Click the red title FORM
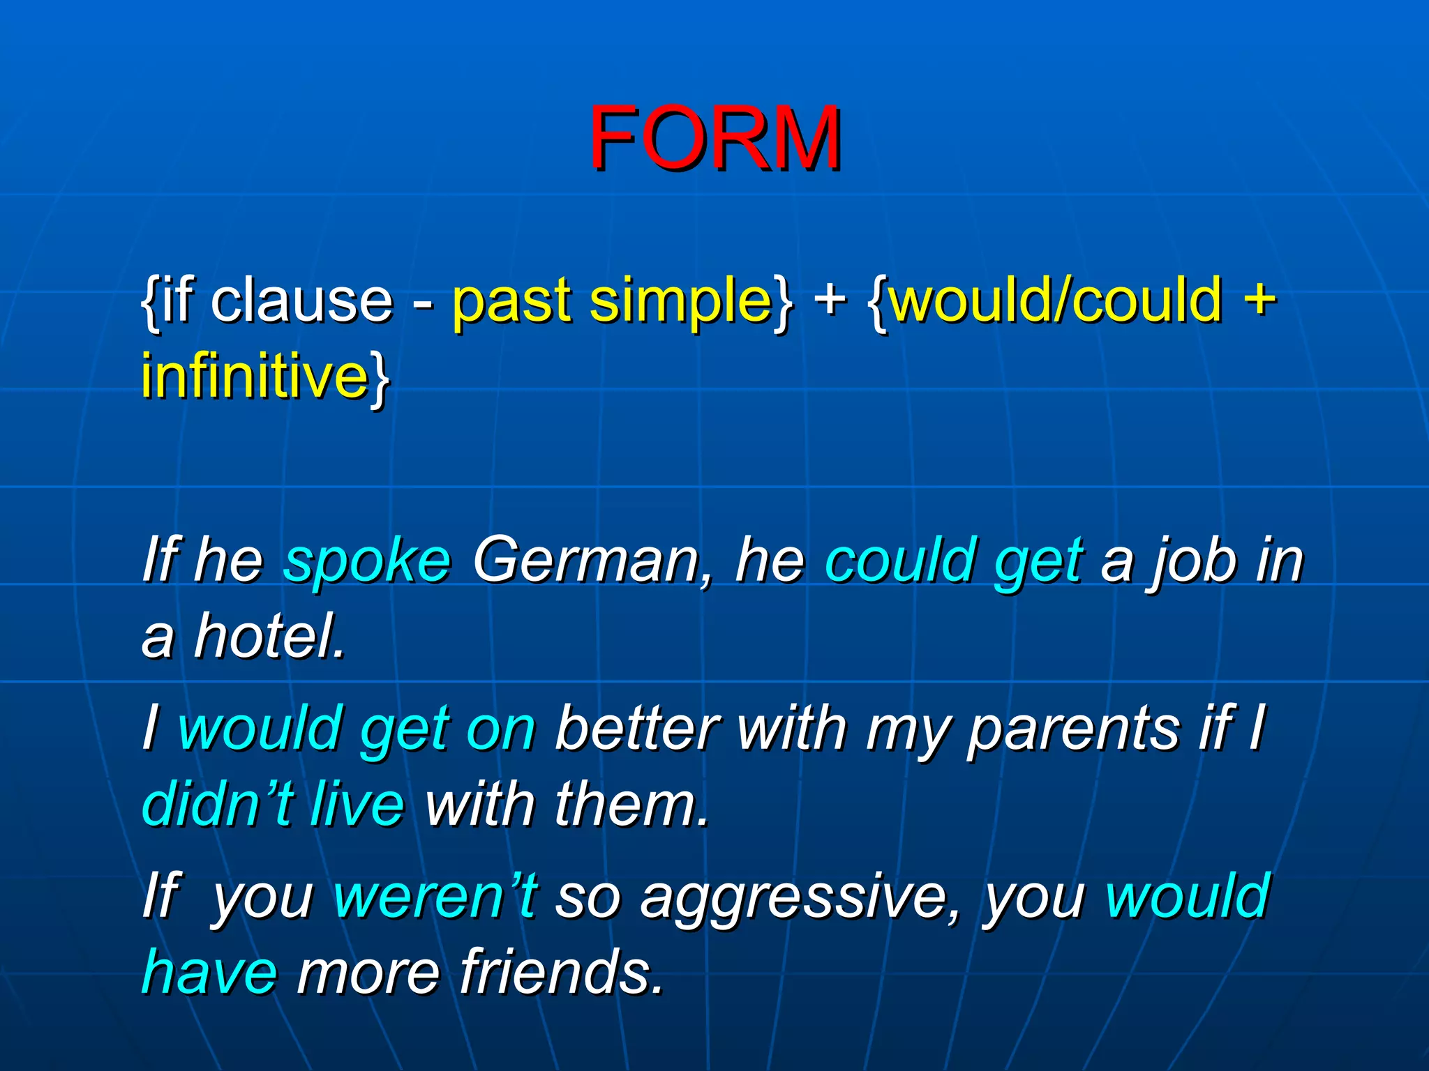point(714,137)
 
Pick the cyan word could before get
point(901,560)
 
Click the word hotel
point(269,636)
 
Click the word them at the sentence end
point(631,804)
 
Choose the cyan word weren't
point(435,897)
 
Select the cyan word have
point(209,972)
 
